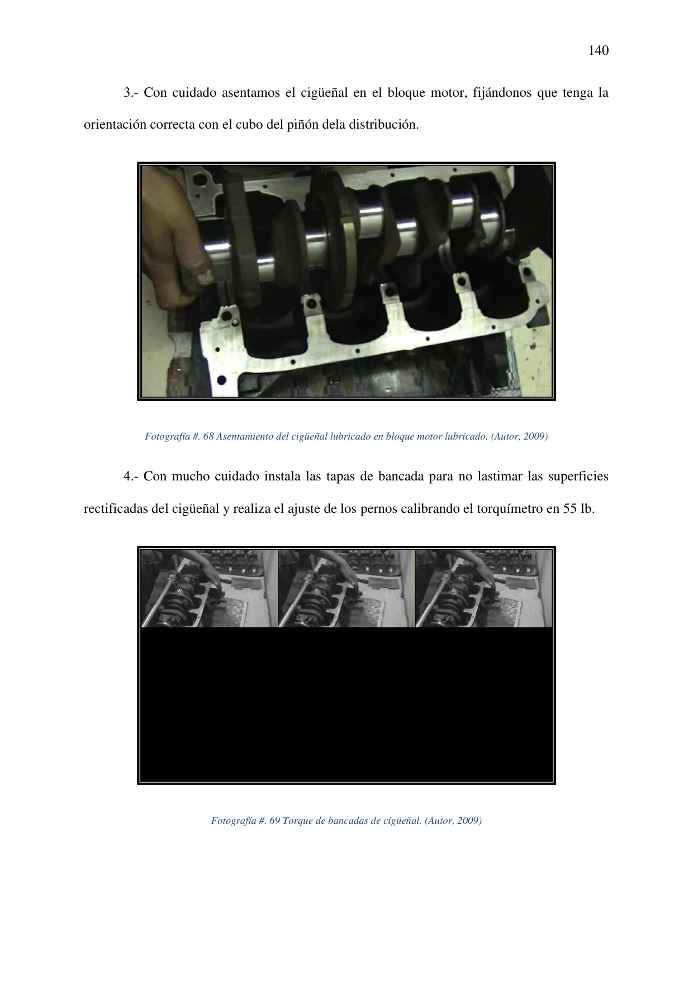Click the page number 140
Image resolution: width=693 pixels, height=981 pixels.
[x=599, y=51]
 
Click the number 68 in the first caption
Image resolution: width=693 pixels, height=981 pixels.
[x=208, y=436]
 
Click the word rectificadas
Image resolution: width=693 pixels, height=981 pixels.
[x=116, y=509]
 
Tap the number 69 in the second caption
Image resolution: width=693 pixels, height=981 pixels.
[x=274, y=820]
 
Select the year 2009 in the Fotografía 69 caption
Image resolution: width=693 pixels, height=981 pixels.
[x=469, y=820]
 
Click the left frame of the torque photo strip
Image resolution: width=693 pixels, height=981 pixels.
[x=210, y=588]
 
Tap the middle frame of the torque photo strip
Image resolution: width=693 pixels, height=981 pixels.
[x=346, y=588]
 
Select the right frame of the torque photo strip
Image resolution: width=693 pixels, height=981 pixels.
[x=484, y=588]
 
